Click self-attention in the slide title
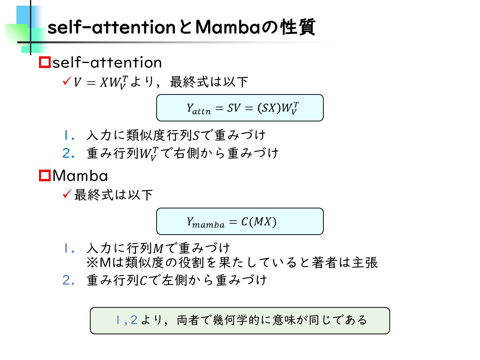click(x=111, y=27)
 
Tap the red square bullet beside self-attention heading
click(x=45, y=62)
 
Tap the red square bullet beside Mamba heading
click(x=45, y=176)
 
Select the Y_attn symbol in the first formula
click(x=198, y=109)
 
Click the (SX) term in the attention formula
click(x=269, y=108)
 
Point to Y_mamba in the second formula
click(x=205, y=222)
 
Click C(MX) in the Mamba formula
click(x=259, y=222)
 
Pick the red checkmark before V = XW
click(x=67, y=81)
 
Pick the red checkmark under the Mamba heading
click(x=67, y=194)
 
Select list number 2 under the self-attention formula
click(x=68, y=153)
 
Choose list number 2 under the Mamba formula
click(x=68, y=280)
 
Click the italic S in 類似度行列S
click(x=196, y=136)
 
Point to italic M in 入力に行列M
click(x=158, y=249)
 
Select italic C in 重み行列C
click(x=143, y=281)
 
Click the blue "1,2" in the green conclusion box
click(x=126, y=320)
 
